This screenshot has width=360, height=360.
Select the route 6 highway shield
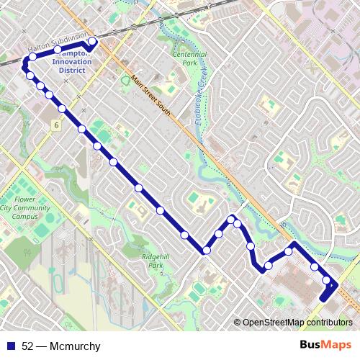pyautogui.click(x=55, y=125)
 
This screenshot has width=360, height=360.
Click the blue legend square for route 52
pyautogui.click(x=10, y=346)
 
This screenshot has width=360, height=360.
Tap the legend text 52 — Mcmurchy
pyautogui.click(x=61, y=346)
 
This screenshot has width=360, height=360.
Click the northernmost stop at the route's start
pyautogui.click(x=91, y=42)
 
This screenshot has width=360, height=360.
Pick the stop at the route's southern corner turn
pyautogui.click(x=206, y=251)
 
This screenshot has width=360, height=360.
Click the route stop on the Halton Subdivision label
pyautogui.click(x=58, y=50)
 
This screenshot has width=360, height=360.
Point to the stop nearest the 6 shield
pyautogui.click(x=63, y=109)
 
